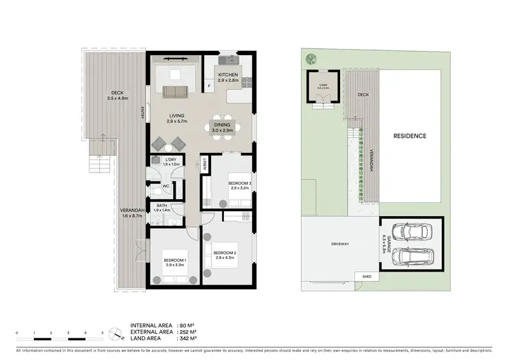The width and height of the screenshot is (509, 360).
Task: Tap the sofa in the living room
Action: point(178,92)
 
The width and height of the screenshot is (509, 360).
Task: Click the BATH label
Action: point(162,205)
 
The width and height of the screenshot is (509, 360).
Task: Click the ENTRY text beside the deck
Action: point(143,113)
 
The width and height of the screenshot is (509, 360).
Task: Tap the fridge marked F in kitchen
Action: point(210,87)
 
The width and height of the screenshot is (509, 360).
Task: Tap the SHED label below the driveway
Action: point(367,277)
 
